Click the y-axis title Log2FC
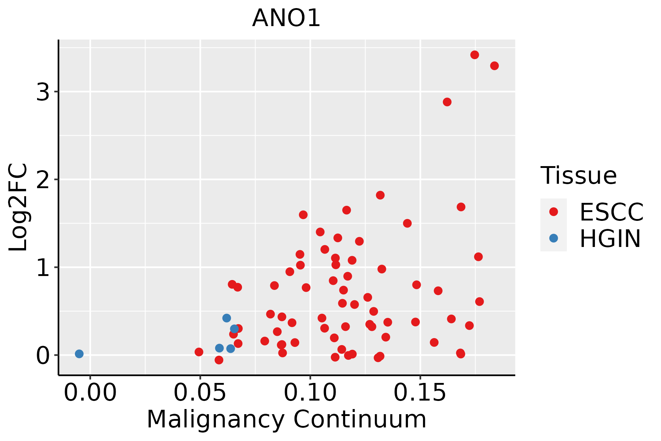tap(18, 208)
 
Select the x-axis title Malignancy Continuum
tap(286, 420)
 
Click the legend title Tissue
tap(579, 176)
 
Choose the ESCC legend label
tap(611, 212)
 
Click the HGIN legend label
tap(610, 239)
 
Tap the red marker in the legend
tap(553, 212)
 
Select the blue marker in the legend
tap(553, 238)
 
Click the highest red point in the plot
tap(474, 55)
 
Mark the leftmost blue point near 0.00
tap(79, 354)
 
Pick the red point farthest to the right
tap(494, 66)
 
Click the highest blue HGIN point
tap(227, 318)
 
